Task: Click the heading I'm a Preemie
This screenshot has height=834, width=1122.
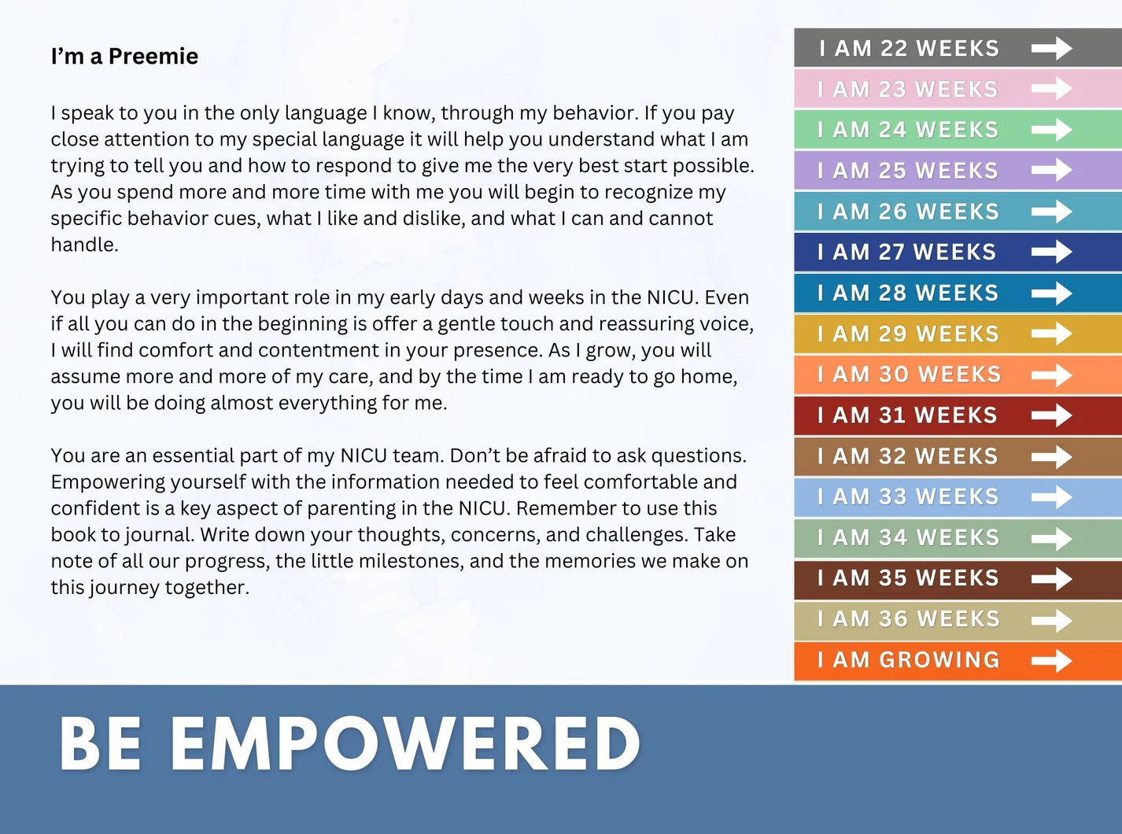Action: [124, 57]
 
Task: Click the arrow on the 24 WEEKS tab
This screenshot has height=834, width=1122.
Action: [1052, 130]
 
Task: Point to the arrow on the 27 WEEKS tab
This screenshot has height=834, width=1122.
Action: [1052, 252]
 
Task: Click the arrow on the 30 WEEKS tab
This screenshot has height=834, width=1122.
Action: [1052, 375]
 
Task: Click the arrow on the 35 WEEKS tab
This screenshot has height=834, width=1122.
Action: [1052, 578]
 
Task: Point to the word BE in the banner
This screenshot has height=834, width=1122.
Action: [100, 744]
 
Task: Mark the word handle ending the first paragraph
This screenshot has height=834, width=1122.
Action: [84, 245]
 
